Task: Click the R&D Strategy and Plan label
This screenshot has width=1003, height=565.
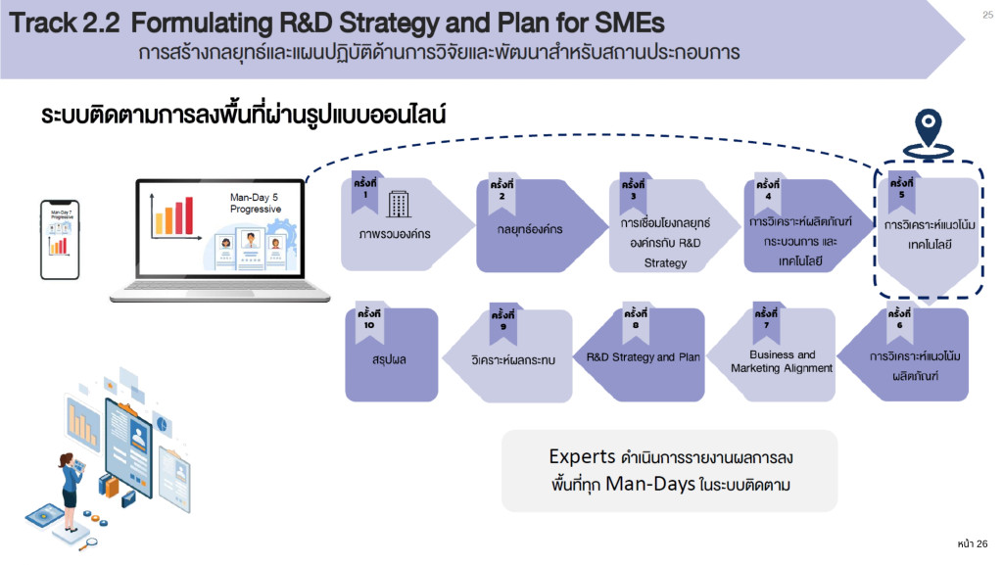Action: click(644, 357)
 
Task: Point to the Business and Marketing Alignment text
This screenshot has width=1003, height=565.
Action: click(782, 361)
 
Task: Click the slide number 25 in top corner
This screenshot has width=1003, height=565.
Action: click(986, 14)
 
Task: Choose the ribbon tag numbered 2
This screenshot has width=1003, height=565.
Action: click(501, 190)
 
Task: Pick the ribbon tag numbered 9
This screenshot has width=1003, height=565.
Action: click(502, 321)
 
